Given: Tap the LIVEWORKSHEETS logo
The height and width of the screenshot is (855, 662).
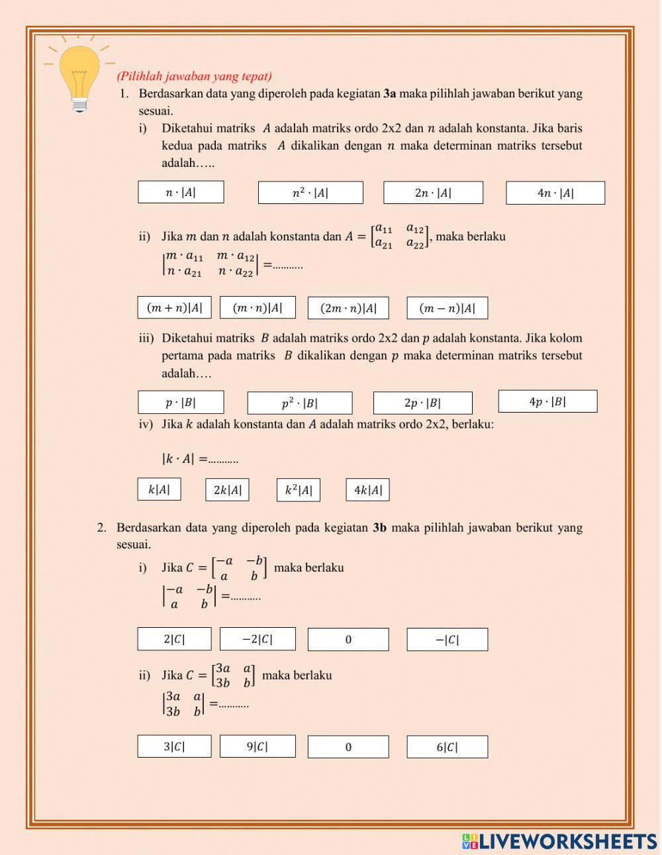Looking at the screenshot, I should pos(559,842).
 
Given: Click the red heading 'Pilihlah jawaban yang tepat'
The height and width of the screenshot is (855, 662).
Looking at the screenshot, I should pos(194,76).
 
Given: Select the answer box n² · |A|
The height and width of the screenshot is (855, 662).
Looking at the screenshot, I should pos(310,193).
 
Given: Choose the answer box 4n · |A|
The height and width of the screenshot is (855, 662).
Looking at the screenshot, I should pos(555,193).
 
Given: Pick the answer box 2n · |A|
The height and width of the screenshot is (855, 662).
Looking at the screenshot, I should pos(433,193).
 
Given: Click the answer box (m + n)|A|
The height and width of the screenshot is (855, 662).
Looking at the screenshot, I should pos(175,307).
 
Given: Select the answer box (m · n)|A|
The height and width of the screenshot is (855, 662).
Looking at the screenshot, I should pos(258,307).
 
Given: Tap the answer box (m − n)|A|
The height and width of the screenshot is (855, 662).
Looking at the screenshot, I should pos(447,308).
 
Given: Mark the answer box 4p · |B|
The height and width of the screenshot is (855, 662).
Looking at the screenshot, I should pos(547,401).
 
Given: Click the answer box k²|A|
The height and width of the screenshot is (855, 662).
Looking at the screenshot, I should pos(298,490).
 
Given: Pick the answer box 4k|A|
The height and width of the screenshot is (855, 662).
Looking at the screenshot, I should pos(367,490).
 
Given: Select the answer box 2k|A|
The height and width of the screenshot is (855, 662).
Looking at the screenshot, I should pos(227,490).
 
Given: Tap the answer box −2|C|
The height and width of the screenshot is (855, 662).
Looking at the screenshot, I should pos(258,639).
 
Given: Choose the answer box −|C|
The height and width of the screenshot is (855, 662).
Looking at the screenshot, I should pos(447,640).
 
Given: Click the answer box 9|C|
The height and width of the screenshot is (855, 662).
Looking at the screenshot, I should pos(258,746).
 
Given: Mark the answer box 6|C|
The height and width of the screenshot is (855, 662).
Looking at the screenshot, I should pos(447,747).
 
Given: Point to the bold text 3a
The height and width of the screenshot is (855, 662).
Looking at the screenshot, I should pos(389,93).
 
